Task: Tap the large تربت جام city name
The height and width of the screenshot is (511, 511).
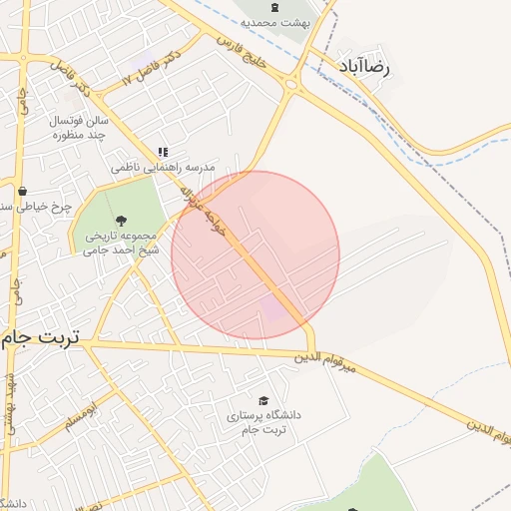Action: (39, 337)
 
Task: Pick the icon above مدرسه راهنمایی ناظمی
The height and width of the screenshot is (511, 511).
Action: (162, 153)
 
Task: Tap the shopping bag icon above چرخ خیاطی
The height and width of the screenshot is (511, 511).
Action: (22, 191)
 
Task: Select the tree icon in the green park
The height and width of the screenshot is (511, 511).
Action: (121, 220)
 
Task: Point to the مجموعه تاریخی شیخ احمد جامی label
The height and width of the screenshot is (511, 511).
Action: (116, 243)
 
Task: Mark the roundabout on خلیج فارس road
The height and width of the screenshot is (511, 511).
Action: (291, 84)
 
